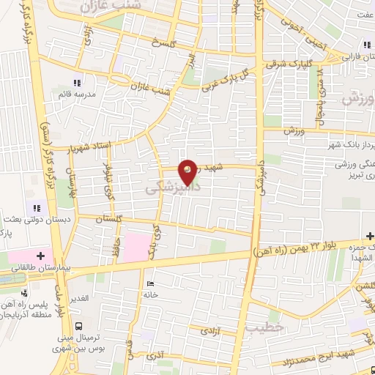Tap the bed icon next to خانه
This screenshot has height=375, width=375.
[150, 283]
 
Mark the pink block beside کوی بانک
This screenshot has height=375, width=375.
[135, 246]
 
